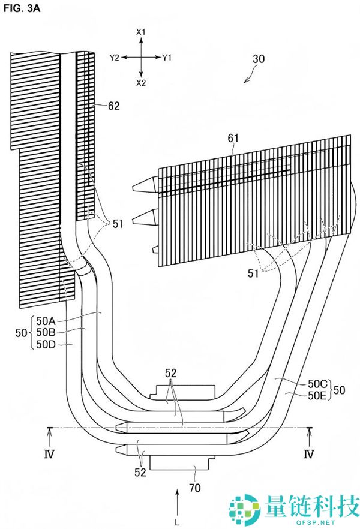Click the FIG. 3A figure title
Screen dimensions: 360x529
click(22, 8)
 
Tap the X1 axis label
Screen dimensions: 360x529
click(141, 32)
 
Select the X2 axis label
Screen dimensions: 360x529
click(141, 83)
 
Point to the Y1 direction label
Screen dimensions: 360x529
click(167, 58)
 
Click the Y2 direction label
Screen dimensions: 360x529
click(115, 58)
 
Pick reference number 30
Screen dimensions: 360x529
click(259, 59)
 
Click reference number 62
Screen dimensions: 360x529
click(114, 106)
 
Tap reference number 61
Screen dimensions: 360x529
click(233, 138)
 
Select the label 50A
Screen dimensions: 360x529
click(46, 320)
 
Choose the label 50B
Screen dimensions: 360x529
click(46, 332)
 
